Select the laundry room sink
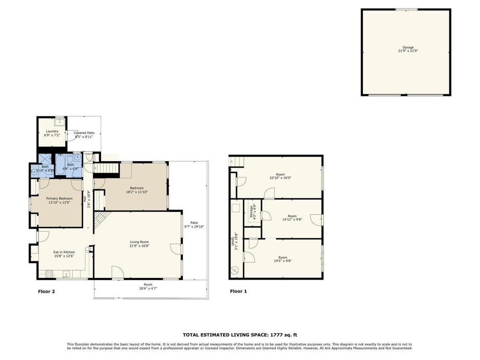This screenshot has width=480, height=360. (60, 122)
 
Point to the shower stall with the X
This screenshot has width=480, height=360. (45, 159)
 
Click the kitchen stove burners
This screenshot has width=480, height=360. (49, 274)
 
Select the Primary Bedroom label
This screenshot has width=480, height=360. (60, 198)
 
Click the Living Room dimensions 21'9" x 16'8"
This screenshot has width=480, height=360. (139, 246)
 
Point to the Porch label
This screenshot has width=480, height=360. (148, 285)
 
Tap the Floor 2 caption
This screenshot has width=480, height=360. (46, 292)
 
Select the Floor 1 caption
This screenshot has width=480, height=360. (239, 292)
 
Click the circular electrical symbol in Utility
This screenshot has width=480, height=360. (235, 270)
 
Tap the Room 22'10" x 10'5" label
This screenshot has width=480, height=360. (280, 176)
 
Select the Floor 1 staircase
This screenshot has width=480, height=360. (238, 161)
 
